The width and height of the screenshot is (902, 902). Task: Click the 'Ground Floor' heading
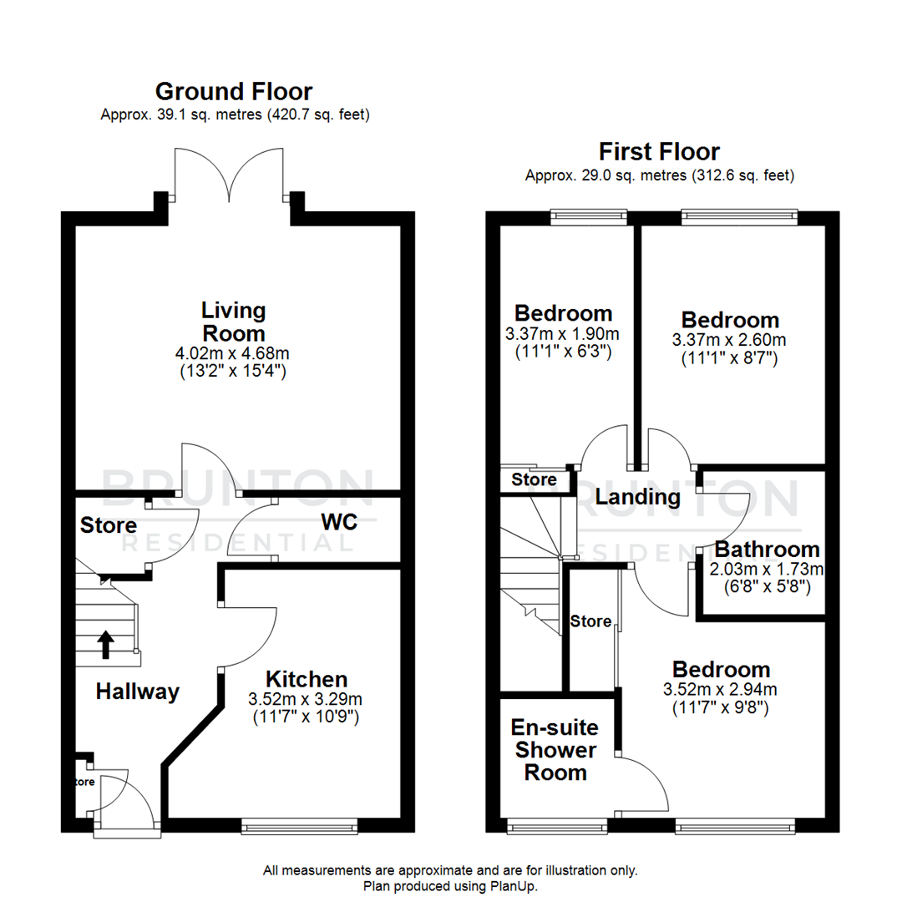pyautogui.click(x=234, y=91)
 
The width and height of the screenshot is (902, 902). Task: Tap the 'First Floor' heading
pyautogui.click(x=659, y=152)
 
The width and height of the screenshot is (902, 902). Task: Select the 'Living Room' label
pyautogui.click(x=234, y=322)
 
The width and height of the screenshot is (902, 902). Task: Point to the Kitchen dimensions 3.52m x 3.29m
pyautogui.click(x=304, y=699)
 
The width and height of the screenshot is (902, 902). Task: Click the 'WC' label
pyautogui.click(x=338, y=523)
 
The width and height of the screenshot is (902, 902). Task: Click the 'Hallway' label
pyautogui.click(x=137, y=692)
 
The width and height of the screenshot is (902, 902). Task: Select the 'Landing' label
pyautogui.click(x=638, y=498)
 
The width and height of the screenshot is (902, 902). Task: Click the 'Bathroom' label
pyautogui.click(x=767, y=550)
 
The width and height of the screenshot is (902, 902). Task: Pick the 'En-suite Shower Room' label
pyautogui.click(x=555, y=749)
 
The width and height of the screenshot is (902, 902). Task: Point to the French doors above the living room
pyautogui.click(x=230, y=176)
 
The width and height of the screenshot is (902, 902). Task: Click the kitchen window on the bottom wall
pyautogui.click(x=300, y=826)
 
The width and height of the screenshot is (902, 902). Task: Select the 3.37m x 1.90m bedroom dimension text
pyautogui.click(x=563, y=335)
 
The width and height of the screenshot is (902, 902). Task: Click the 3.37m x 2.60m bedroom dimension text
pyautogui.click(x=730, y=341)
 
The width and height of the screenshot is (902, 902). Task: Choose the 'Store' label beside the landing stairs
pyautogui.click(x=534, y=480)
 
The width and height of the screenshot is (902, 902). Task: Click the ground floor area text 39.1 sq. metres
pyautogui.click(x=235, y=114)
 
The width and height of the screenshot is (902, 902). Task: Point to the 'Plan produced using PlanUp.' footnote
pyautogui.click(x=451, y=885)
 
